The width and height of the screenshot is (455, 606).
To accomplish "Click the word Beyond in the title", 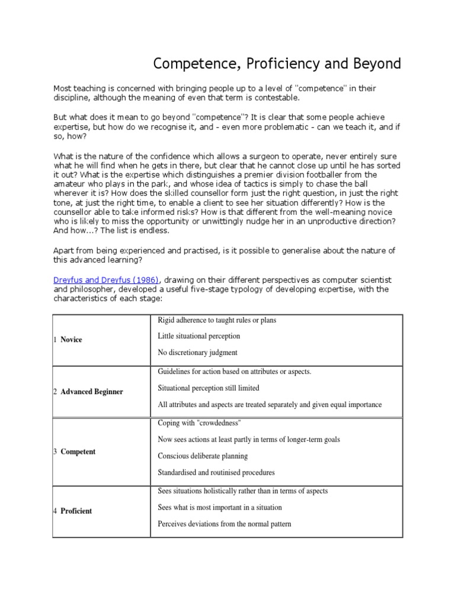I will [375, 64].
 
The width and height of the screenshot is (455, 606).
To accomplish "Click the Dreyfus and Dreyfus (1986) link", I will [104, 279].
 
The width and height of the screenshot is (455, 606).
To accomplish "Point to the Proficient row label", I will [76, 511].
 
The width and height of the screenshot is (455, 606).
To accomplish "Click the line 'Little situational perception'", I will [199, 336].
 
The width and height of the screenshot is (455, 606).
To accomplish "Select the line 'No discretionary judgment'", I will [197, 353].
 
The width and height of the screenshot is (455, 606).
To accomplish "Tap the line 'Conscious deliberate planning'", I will [203, 456].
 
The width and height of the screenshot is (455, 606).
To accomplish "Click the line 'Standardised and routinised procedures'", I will [216, 473].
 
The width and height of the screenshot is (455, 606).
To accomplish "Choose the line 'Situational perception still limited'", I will [209, 388].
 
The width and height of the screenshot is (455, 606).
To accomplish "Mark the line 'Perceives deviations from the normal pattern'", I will [225, 524].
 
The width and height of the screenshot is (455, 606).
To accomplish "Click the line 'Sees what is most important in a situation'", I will [220, 507].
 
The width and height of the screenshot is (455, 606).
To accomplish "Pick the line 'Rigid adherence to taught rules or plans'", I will [217, 320].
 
